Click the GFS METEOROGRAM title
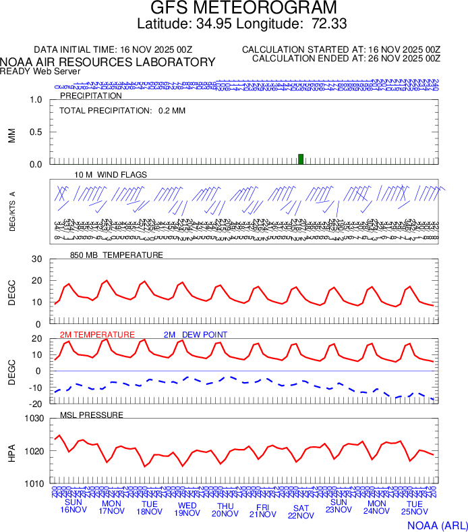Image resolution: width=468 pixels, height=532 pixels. coord(243,8)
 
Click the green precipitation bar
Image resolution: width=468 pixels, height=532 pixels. coord(301,159)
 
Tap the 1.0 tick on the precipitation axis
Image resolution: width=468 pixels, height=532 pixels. coord(36,100)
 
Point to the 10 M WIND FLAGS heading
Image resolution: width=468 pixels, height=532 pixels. coord(111,174)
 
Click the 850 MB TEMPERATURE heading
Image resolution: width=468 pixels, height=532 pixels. coord(116,255)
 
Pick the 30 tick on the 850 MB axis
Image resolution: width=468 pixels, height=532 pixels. coord(36,259)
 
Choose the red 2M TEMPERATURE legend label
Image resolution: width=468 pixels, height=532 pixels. coord(97,335)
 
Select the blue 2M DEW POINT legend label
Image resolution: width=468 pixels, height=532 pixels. coord(196,335)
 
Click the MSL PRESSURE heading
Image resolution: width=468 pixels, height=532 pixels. coord(92,415)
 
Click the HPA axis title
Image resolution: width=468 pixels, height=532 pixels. coord(11,451)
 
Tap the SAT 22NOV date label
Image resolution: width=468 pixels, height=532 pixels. coord(301,512)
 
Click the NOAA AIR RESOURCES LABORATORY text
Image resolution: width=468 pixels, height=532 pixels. coord(108,62)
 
